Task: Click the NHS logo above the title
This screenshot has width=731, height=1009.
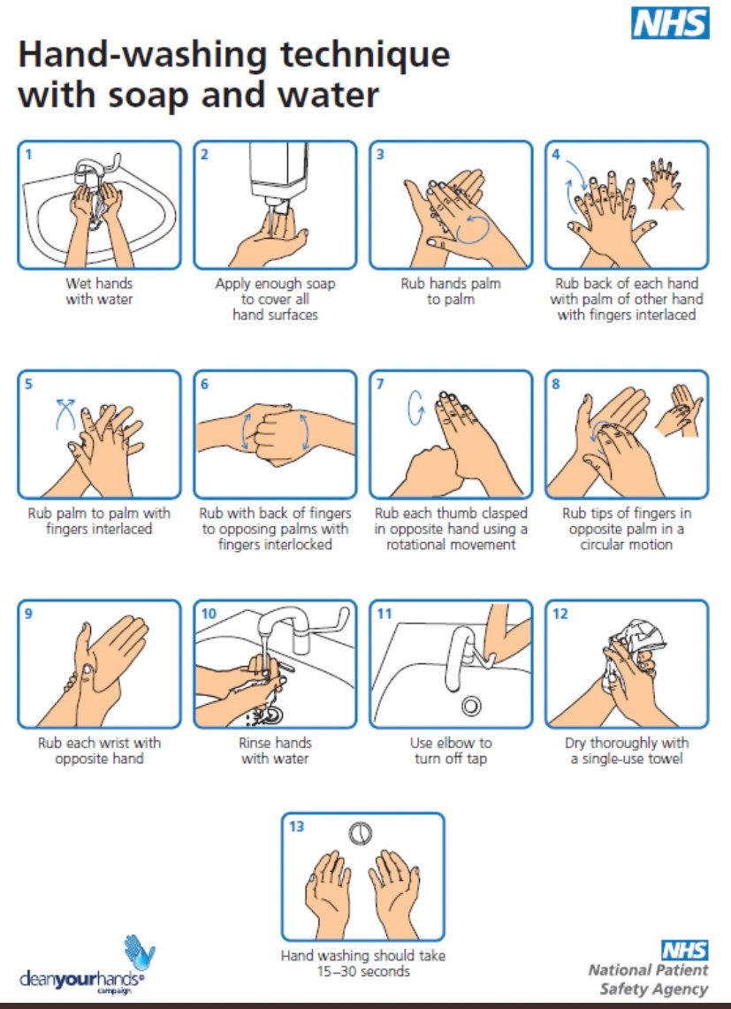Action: tap(670, 23)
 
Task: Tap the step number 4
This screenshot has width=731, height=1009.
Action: tap(556, 154)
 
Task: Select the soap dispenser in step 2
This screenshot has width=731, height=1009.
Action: tap(277, 176)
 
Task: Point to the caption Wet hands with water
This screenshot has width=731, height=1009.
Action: tap(99, 291)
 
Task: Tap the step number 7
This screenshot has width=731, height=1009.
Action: tap(380, 384)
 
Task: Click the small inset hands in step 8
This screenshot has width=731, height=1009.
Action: tap(679, 410)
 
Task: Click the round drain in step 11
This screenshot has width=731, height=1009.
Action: tap(472, 706)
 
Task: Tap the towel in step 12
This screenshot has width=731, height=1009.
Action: tap(634, 644)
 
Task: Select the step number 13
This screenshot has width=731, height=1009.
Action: tap(297, 826)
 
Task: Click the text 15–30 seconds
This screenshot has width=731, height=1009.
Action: tap(363, 971)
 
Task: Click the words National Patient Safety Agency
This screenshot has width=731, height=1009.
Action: tap(648, 980)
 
